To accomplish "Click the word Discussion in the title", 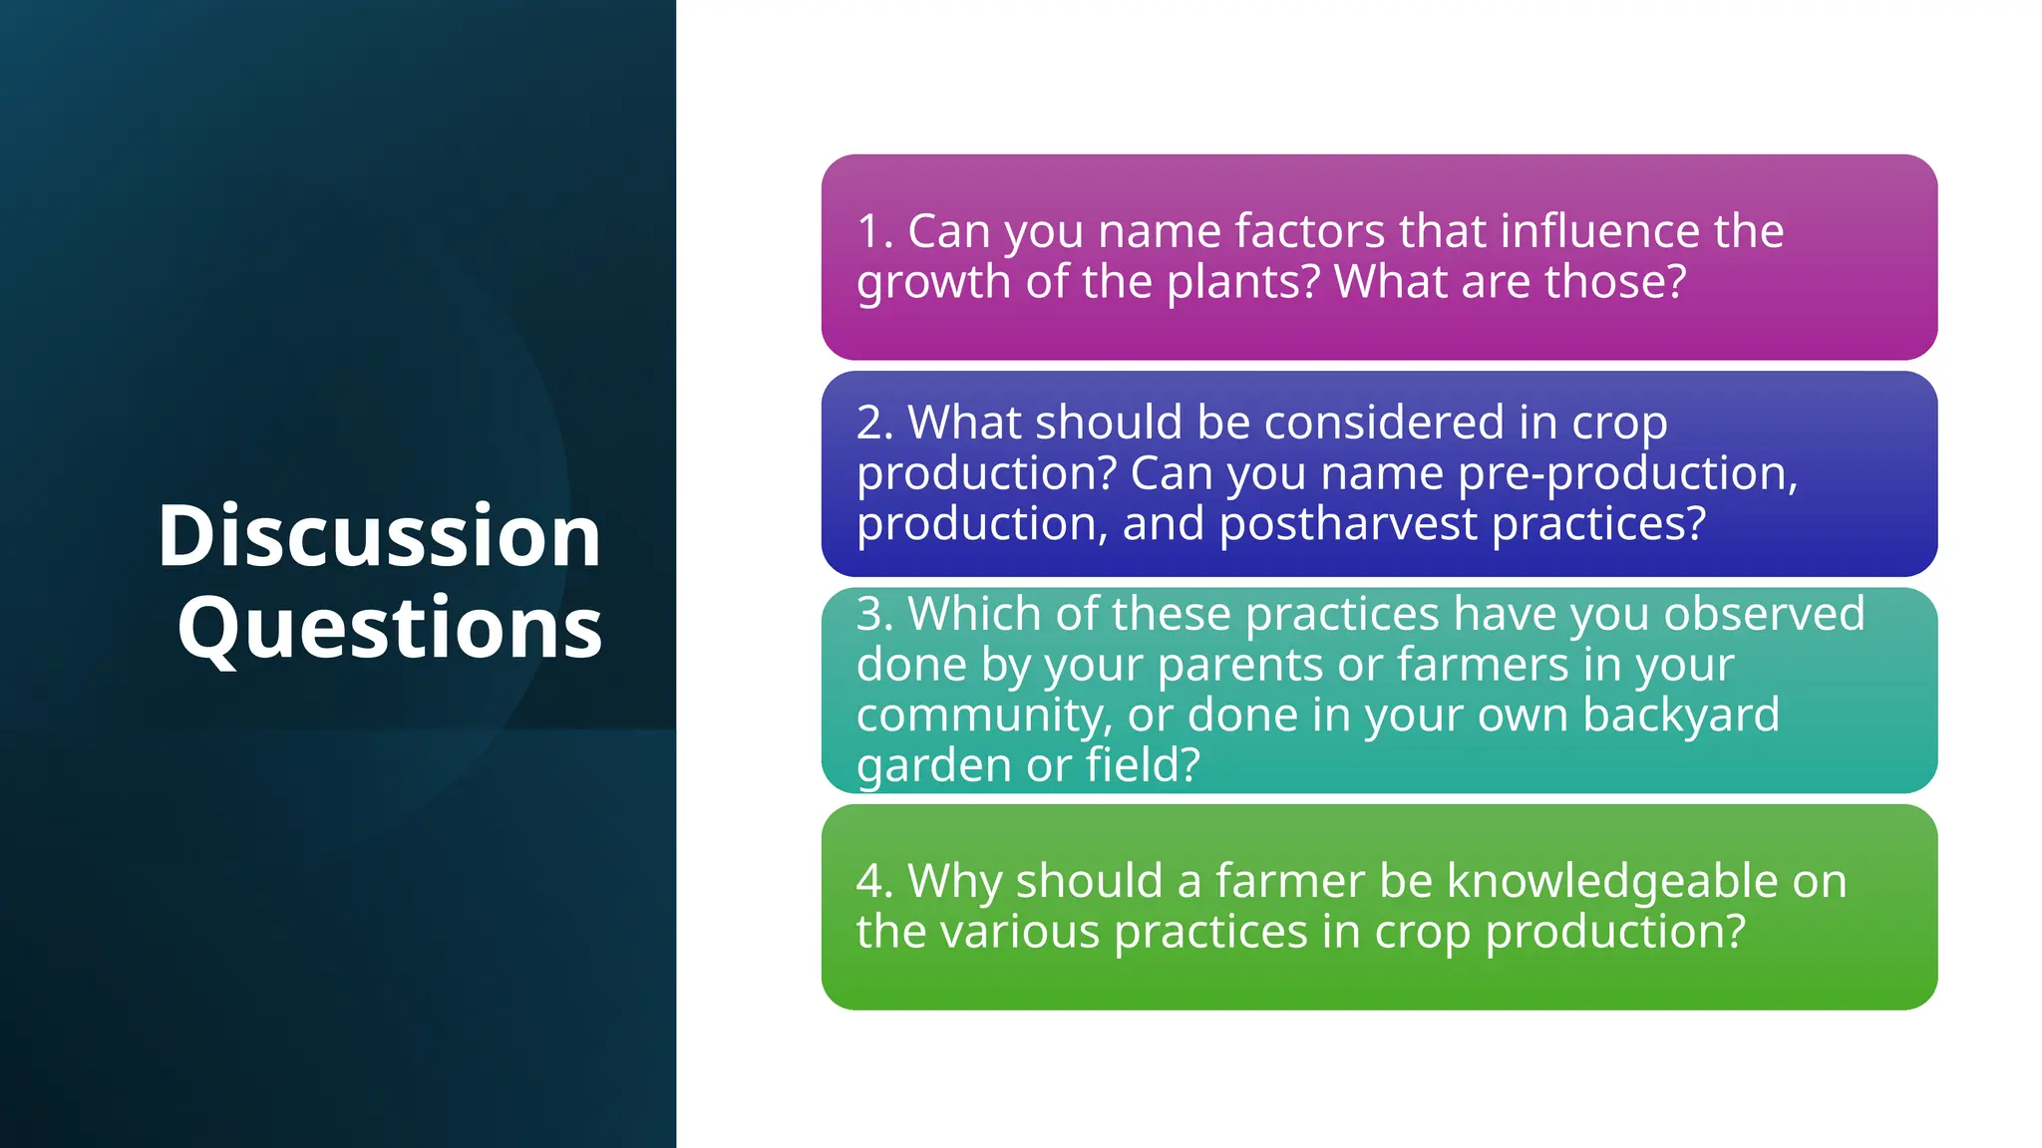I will click(379, 536).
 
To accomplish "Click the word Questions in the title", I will click(390, 628).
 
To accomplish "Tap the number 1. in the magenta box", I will click(874, 231).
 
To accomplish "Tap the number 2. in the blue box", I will click(874, 423).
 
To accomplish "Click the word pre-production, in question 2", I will click(1627, 473).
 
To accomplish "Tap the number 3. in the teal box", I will click(874, 614).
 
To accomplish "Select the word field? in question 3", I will click(1142, 766).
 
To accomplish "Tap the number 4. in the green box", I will click(874, 881).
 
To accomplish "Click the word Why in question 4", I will click(953, 881).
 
